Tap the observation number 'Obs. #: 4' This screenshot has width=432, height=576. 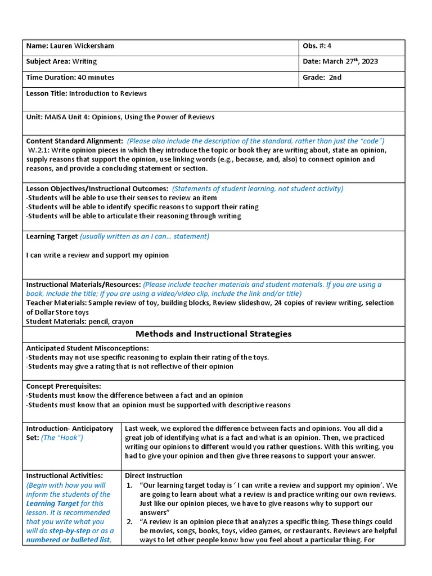pos(321,46)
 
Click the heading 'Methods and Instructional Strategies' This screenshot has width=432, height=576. pos(213,334)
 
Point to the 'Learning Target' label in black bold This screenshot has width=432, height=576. pos(52,236)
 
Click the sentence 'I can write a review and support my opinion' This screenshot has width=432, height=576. pos(97,255)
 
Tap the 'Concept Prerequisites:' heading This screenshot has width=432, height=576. pos(64,386)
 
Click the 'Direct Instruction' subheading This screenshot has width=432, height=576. pos(154,475)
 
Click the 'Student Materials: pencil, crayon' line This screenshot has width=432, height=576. pos(79,321)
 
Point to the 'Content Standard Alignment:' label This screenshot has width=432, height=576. pos(74,141)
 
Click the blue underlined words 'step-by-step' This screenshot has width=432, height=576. pos(71,530)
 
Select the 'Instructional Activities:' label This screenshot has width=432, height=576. pos(65,475)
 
